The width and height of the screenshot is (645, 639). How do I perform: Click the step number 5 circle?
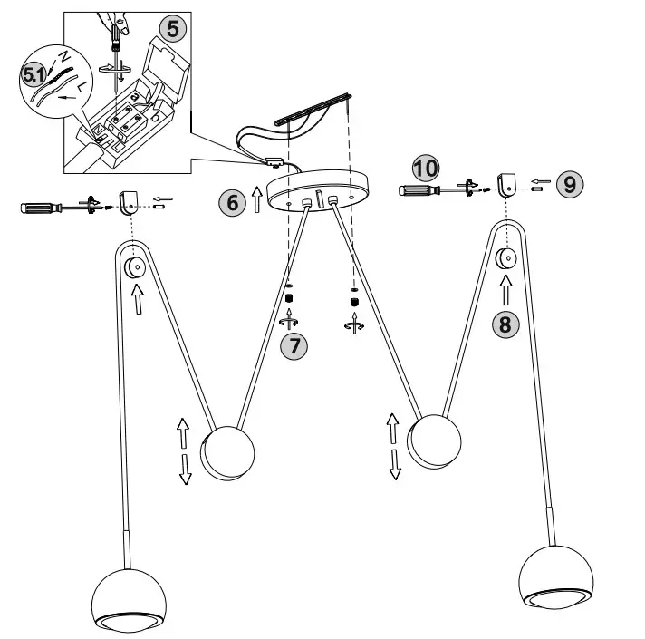175,28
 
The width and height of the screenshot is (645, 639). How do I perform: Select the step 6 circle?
233,201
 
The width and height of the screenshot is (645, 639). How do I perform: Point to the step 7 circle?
292,344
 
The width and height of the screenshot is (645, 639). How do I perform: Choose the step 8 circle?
505,324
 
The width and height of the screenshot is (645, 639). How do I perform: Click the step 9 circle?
569,184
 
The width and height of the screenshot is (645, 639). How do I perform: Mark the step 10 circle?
425,168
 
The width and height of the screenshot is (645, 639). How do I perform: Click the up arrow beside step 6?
256,198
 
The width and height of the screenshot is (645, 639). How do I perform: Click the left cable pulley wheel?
137,267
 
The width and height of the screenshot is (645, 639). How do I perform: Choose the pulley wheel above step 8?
505,257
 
